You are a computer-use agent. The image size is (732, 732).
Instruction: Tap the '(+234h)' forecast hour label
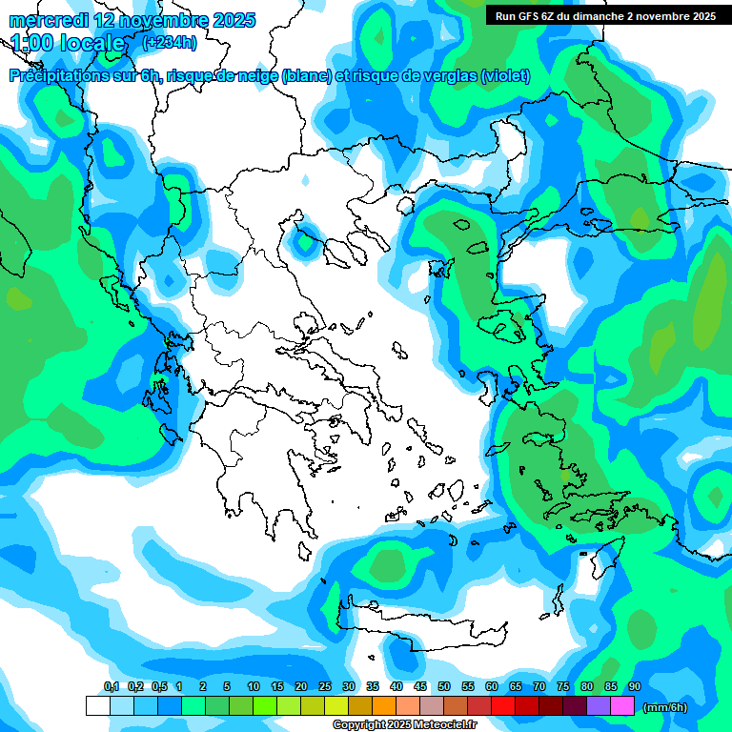[x=170, y=42]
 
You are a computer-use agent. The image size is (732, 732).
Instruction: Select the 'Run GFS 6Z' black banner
[x=605, y=15]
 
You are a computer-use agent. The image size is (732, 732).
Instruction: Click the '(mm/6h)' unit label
[x=665, y=707]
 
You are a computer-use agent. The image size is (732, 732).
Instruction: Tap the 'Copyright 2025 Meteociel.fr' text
[x=404, y=724]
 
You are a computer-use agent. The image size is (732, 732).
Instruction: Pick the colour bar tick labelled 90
[x=635, y=686]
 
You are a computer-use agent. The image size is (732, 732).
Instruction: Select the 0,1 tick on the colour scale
[x=112, y=686]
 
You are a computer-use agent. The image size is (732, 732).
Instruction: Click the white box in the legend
[x=97, y=706]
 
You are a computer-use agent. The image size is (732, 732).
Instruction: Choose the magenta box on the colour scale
[x=622, y=706]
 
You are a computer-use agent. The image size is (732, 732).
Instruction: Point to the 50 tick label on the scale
[x=444, y=686]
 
